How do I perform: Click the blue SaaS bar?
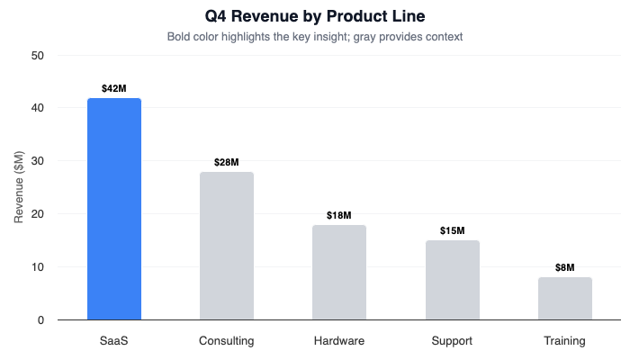pyautogui.click(x=114, y=209)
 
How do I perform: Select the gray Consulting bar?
pyautogui.click(x=227, y=246)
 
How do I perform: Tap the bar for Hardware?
pyautogui.click(x=339, y=272)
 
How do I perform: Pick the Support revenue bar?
pyautogui.click(x=452, y=280)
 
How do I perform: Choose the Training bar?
pyautogui.click(x=565, y=298)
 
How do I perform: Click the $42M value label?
pyautogui.click(x=114, y=88)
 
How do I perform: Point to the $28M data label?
pyautogui.click(x=227, y=162)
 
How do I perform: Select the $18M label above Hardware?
pyautogui.click(x=339, y=215)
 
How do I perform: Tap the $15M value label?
pyautogui.click(x=452, y=230)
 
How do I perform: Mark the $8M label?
pyautogui.click(x=565, y=267)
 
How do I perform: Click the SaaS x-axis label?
pyautogui.click(x=114, y=341)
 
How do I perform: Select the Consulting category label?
pyautogui.click(x=227, y=341)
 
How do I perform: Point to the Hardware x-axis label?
pyautogui.click(x=339, y=341)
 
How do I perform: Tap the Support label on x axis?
pyautogui.click(x=452, y=341)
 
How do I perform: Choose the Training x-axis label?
pyautogui.click(x=565, y=341)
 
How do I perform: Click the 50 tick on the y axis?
pyautogui.click(x=38, y=55)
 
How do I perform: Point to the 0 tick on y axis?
pyautogui.click(x=41, y=320)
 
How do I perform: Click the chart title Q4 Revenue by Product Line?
pyautogui.click(x=314, y=15)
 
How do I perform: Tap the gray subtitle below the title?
pyautogui.click(x=314, y=37)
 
